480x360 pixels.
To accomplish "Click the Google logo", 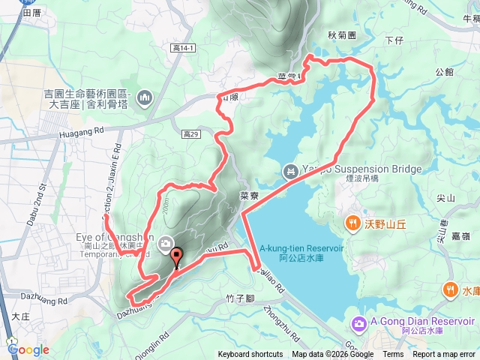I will pyautogui.click(x=29, y=349).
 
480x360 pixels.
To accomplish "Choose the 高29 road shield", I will pyautogui.click(x=191, y=134).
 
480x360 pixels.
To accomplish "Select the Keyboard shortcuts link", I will pyautogui.click(x=250, y=355).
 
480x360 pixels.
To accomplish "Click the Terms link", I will pyautogui.click(x=393, y=355).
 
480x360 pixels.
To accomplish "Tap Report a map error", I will pyautogui.click(x=445, y=355).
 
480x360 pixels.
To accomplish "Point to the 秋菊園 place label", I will pyautogui.click(x=341, y=34).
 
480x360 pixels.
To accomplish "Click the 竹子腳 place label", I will pyautogui.click(x=241, y=298).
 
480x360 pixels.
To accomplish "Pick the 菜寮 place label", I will pyautogui.click(x=249, y=194).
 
